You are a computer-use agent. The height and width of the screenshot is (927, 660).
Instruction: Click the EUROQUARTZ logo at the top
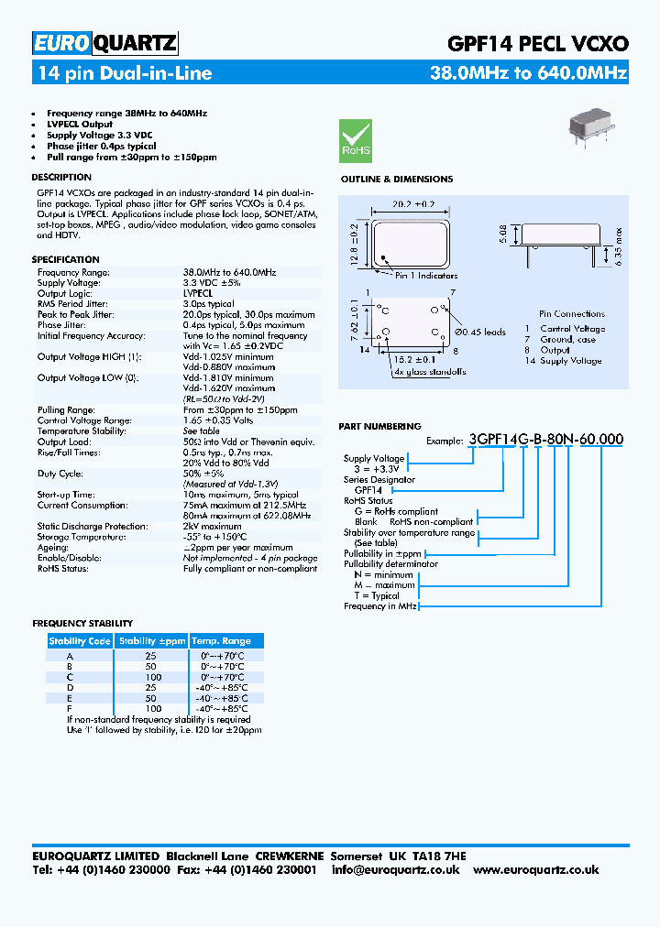tap(104, 42)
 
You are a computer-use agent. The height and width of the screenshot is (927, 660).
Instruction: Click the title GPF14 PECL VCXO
tap(536, 43)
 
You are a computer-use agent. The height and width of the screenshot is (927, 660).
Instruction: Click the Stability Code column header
tap(80, 641)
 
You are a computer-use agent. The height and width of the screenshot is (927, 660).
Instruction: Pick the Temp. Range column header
tap(221, 641)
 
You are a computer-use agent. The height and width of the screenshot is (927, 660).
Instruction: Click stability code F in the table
tap(70, 709)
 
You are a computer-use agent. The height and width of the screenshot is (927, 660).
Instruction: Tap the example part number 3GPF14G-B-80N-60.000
tap(545, 440)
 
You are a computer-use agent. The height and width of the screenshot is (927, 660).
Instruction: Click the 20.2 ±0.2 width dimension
tap(411, 205)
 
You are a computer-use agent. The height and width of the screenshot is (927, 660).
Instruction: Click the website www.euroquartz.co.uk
tap(536, 870)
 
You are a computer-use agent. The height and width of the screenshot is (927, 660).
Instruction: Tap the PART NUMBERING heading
tap(379, 426)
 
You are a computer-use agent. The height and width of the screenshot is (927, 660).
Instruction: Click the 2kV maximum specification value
tap(212, 527)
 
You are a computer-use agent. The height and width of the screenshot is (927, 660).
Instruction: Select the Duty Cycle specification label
tap(60, 474)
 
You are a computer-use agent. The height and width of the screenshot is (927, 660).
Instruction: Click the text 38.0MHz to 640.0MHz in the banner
tap(528, 73)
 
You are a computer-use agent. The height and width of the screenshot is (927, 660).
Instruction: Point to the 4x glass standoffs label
tap(429, 372)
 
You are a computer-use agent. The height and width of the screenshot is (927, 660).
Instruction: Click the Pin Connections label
tap(572, 314)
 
